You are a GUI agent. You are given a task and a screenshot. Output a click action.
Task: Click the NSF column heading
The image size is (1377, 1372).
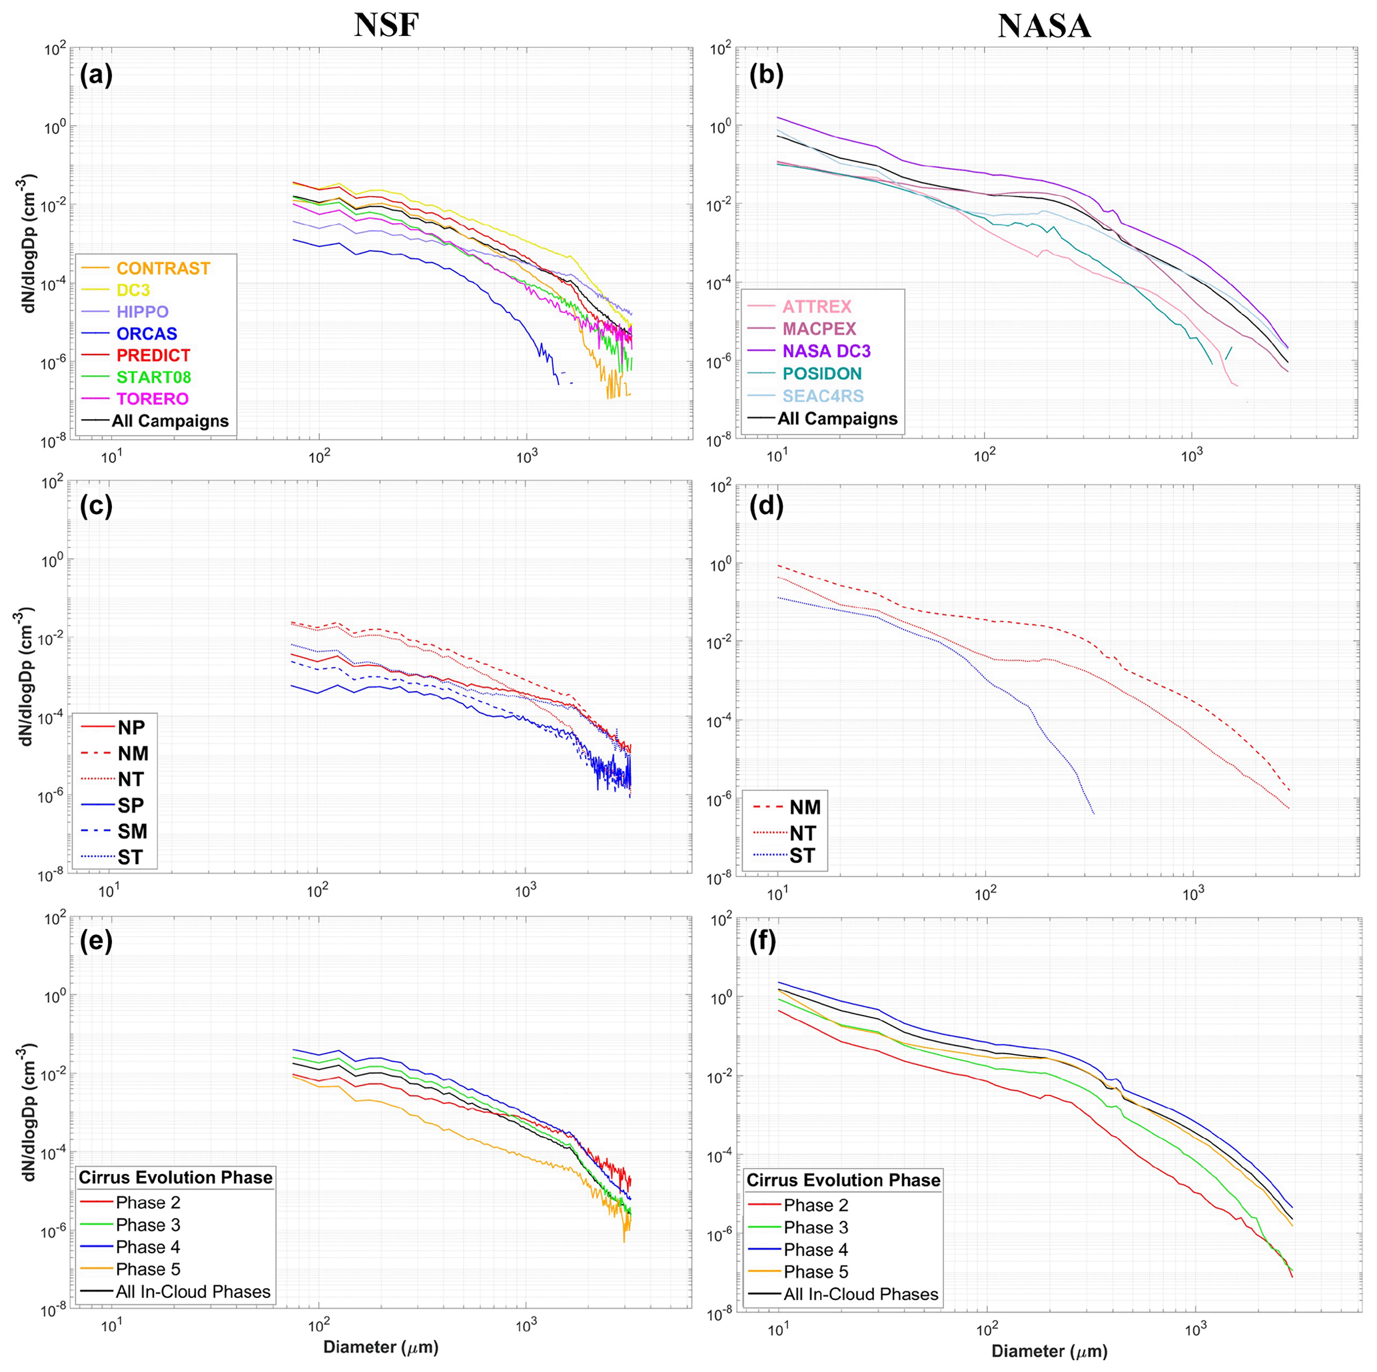386,26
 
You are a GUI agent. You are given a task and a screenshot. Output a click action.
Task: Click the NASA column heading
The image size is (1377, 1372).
1044,27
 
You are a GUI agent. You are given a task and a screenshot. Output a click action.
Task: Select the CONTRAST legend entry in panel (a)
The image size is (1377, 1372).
163,269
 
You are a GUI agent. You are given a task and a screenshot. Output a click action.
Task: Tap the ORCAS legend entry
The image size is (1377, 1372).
146,334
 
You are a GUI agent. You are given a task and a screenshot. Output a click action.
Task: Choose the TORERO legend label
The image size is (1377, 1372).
152,399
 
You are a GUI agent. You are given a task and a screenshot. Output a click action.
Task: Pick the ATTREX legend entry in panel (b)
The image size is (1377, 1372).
816,307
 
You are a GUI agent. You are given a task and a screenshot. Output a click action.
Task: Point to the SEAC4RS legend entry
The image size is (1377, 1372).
823,396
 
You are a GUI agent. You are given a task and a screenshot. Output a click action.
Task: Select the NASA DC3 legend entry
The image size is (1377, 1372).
826,351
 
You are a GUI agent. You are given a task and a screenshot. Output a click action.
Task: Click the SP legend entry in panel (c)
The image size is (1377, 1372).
131,806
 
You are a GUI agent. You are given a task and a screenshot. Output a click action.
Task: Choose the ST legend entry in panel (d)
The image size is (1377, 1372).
801,856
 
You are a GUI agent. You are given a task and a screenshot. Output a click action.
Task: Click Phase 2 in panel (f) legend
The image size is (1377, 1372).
815,1205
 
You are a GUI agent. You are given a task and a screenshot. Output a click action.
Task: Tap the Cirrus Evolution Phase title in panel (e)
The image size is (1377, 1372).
175,1177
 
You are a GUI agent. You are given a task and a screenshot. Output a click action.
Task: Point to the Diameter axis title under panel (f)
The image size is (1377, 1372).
1049,1351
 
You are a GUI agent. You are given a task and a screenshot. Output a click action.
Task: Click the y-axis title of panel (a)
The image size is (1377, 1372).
29,244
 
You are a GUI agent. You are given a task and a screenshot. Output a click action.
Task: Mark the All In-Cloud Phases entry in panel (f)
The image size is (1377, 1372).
860,1294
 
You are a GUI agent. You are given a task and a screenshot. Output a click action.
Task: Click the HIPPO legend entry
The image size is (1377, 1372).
142,312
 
